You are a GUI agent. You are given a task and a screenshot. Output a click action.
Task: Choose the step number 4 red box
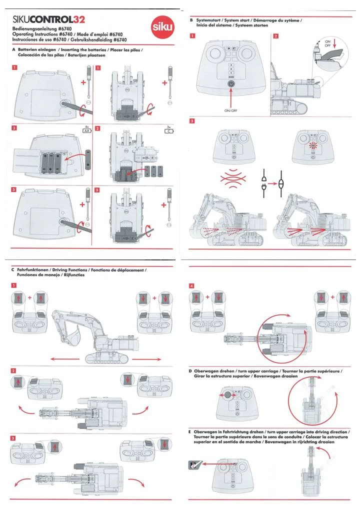coord(192,285)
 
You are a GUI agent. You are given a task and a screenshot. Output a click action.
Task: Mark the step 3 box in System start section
coord(192,120)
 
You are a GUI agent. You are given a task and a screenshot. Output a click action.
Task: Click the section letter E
coord(190,431)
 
